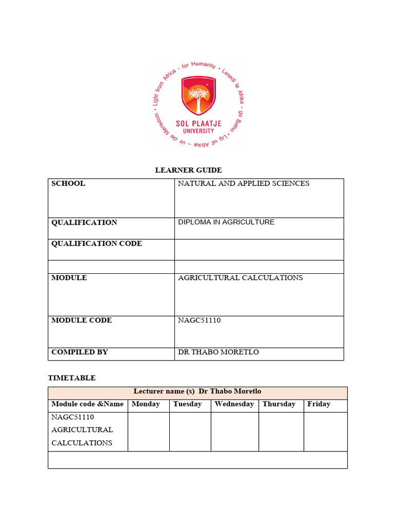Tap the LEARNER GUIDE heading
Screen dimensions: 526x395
pyautogui.click(x=189, y=170)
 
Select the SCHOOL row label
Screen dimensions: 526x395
pyautogui.click(x=68, y=183)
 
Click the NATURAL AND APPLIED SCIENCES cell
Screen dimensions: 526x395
pyautogui.click(x=243, y=183)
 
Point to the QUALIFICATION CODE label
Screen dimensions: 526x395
pyautogui.click(x=96, y=243)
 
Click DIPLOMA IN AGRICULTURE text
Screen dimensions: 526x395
pyautogui.click(x=226, y=222)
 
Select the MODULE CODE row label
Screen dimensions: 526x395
pyautogui.click(x=81, y=321)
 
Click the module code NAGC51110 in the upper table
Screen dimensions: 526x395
pyautogui.click(x=200, y=321)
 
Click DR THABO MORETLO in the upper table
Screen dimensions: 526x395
pyautogui.click(x=218, y=352)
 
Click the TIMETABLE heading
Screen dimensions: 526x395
pyautogui.click(x=71, y=378)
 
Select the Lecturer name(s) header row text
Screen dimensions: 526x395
pyautogui.click(x=197, y=392)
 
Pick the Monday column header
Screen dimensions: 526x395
pyautogui.click(x=146, y=404)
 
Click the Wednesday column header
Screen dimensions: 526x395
pyautogui.click(x=234, y=404)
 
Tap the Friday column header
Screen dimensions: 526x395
pyautogui.click(x=318, y=404)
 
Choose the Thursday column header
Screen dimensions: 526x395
pyautogui.click(x=279, y=404)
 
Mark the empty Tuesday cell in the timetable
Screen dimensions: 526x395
pyautogui.click(x=190, y=431)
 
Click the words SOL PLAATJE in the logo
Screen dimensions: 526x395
pyautogui.click(x=197, y=124)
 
